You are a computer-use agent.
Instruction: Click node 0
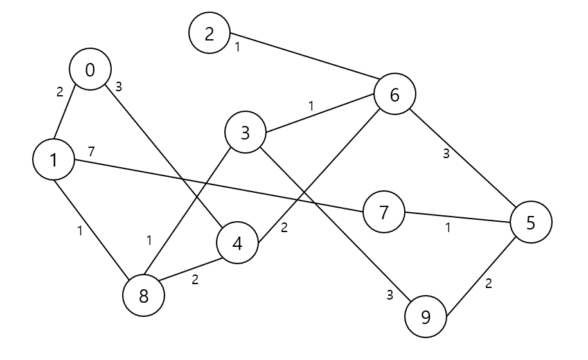point(90,70)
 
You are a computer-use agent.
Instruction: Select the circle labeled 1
point(53,159)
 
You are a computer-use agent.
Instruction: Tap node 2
point(209,33)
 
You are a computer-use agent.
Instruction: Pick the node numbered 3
point(245,133)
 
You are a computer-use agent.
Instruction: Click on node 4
point(237,245)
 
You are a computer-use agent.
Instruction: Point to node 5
point(531,222)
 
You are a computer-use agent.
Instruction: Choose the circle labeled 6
point(395,94)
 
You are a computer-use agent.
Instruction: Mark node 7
point(384,212)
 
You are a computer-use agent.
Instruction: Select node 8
point(143,296)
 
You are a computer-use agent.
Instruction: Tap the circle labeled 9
point(425,317)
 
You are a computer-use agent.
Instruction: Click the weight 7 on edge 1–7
point(91,152)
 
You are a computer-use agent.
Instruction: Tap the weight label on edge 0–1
point(60,92)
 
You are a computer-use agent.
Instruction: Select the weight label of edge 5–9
point(488,284)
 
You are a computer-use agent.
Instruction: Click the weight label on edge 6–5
point(445,153)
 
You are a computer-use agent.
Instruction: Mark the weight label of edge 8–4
point(195,280)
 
